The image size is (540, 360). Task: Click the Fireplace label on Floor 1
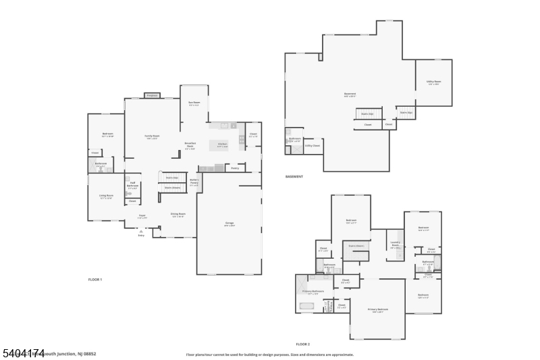(152, 96)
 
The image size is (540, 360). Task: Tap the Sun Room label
(194, 104)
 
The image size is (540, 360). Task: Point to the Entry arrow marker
(142, 230)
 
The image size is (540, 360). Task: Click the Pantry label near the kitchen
(235, 168)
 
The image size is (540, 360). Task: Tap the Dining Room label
(178, 215)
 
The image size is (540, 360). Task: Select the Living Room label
(106, 197)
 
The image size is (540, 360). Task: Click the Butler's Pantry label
(194, 182)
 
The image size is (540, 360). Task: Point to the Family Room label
(153, 136)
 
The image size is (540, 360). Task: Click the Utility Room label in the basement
(433, 82)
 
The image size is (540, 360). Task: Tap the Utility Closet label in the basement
(313, 145)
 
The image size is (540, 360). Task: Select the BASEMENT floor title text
(294, 176)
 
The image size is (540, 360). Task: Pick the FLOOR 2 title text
(304, 344)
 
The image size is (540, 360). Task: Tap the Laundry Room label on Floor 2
(395, 246)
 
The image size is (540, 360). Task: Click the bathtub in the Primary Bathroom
(307, 306)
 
